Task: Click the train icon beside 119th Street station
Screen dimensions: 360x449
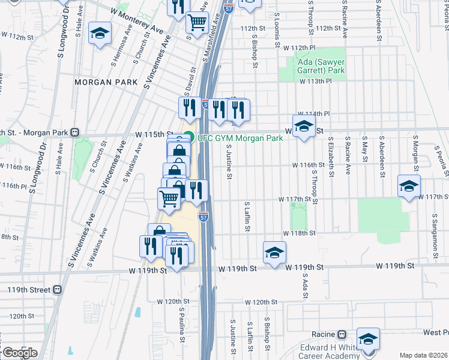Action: [58, 289]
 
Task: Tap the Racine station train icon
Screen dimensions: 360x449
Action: [341, 334]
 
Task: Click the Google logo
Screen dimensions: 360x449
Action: [19, 353]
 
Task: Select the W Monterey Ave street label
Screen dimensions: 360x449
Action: [137, 21]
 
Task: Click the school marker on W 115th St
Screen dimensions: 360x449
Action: [304, 127]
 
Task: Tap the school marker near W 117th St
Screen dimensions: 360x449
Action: [409, 186]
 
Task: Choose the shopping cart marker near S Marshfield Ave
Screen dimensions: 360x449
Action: [196, 23]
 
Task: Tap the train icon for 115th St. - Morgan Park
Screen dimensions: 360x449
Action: [75, 132]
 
